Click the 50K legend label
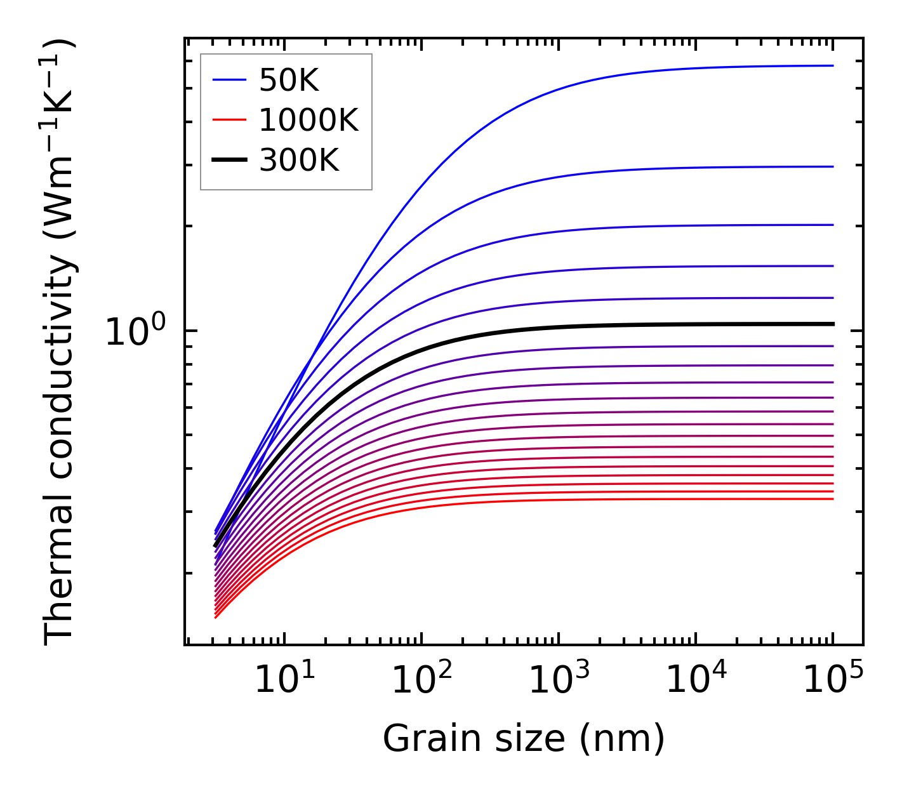pyautogui.click(x=289, y=81)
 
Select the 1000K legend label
pyautogui.click(x=308, y=120)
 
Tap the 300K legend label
pyautogui.click(x=299, y=161)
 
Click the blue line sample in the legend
pyautogui.click(x=229, y=80)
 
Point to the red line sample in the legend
pyautogui.click(x=229, y=119)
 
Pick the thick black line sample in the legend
pyautogui.click(x=229, y=160)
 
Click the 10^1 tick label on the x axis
pyautogui.click(x=284, y=680)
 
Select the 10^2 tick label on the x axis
pyautogui.click(x=421, y=680)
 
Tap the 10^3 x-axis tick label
pyautogui.click(x=559, y=680)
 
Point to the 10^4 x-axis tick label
pyautogui.click(x=696, y=680)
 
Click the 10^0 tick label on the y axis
pyautogui.click(x=135, y=332)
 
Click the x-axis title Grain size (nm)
pyautogui.click(x=524, y=739)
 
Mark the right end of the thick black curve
pyautogui.click(x=832, y=324)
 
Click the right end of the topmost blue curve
pyautogui.click(x=832, y=65)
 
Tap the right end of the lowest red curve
pyautogui.click(x=832, y=499)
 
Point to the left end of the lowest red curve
pyautogui.click(x=216, y=617)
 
